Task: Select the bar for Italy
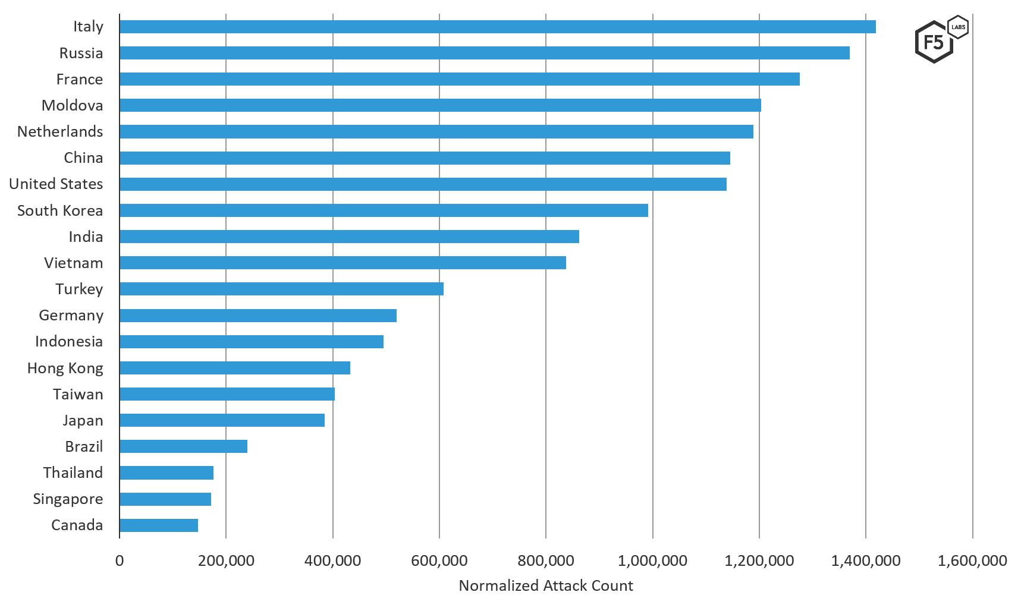[x=497, y=27]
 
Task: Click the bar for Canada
[x=159, y=525]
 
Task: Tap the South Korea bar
[x=384, y=210]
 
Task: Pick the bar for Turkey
[x=281, y=289]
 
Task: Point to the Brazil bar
[x=183, y=446]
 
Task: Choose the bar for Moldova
[x=440, y=105]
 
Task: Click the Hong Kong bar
[x=235, y=368]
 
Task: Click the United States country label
[x=56, y=184]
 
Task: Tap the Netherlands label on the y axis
[x=60, y=131]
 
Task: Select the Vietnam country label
[x=73, y=263]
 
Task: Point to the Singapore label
[x=68, y=499]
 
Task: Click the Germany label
[x=71, y=316]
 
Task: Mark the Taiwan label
[x=78, y=395]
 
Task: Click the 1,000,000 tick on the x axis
[x=652, y=560]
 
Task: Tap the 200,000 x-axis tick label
[x=226, y=560]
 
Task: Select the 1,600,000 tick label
[x=972, y=560]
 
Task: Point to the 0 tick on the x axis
[x=120, y=560]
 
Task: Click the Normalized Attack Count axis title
[x=546, y=586]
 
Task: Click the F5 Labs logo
[x=940, y=40]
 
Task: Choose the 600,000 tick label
[x=439, y=560]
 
